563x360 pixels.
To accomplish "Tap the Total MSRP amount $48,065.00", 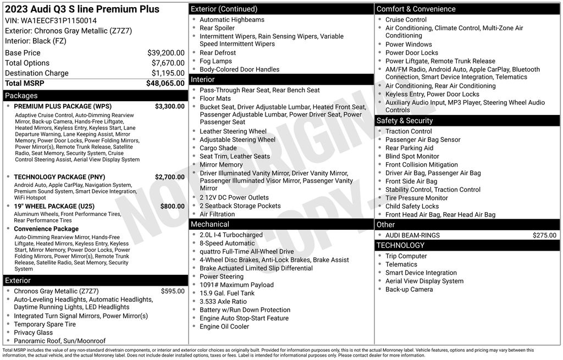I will coord(165,84).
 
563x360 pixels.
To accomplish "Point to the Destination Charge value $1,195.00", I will coord(168,73).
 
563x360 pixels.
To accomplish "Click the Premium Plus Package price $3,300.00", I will coord(169,107).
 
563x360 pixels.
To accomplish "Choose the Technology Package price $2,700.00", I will coord(169,177).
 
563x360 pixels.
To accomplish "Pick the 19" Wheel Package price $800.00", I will coord(172,207).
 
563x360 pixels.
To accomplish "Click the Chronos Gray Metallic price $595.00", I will coord(173,291).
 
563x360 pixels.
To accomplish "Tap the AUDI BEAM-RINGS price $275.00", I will coord(544,235).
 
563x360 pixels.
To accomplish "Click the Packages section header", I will coord(21,96).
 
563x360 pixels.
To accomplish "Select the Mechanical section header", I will coord(209,224).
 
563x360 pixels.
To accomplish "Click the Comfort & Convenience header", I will coord(416,9).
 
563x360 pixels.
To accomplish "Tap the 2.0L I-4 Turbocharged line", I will coord(231,235).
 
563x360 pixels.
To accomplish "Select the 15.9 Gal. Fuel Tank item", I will coord(227,293).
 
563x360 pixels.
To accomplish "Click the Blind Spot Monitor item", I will coord(412,157).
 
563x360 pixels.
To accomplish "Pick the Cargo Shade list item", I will coord(218,148).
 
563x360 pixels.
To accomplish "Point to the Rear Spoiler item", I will coord(217,28).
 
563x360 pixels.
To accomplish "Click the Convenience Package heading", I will coord(46,229).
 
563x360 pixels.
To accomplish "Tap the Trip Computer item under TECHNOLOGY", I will coord(406,256).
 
